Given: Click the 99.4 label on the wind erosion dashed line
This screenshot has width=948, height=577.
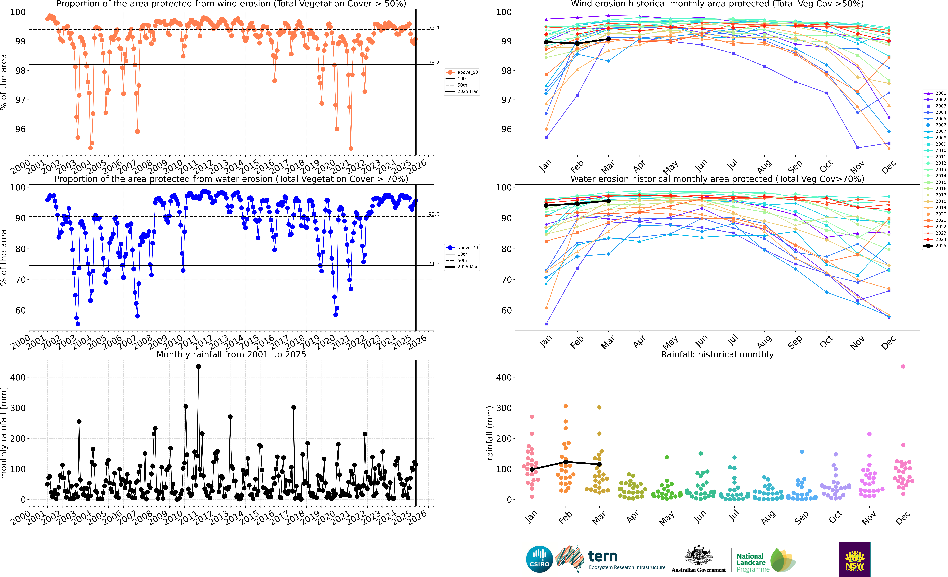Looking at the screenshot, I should pyautogui.click(x=434, y=28).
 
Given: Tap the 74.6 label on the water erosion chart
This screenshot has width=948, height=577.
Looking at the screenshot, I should pyautogui.click(x=434, y=263).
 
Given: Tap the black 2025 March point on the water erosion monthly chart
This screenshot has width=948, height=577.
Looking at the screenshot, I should pyautogui.click(x=608, y=201).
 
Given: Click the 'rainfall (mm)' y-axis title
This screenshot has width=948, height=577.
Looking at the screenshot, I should pyautogui.click(x=489, y=433).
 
